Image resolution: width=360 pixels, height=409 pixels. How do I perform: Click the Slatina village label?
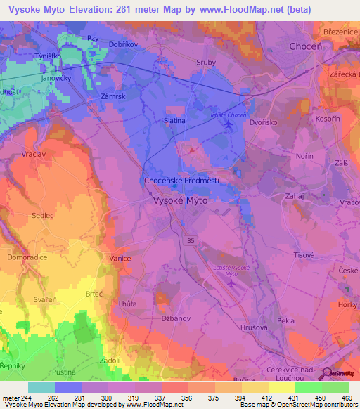click(x=174, y=121)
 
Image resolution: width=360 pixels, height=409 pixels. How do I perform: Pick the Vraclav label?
click(x=34, y=154)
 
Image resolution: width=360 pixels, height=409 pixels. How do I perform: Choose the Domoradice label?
click(x=27, y=258)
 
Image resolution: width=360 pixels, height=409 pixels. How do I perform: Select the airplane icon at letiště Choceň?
click(x=228, y=124)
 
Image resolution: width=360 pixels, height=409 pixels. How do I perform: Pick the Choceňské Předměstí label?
click(x=181, y=181)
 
